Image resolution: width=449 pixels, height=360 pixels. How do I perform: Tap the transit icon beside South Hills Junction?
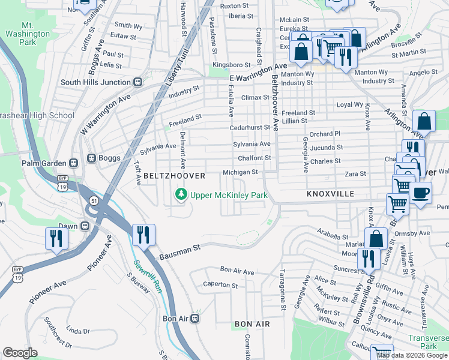coord(137,82)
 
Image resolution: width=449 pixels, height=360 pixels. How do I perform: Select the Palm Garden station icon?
coord(73,162)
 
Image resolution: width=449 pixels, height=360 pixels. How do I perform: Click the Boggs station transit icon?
coord(92,158)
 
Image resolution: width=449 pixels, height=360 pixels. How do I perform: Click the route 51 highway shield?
coord(94,200)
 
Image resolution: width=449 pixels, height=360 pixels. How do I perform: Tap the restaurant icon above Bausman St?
coord(143,235)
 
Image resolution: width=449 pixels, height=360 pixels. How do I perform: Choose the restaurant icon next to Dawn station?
coord(56,238)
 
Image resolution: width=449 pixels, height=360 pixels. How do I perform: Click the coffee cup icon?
coord(421,193)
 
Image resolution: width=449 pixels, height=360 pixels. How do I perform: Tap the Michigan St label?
coord(240,172)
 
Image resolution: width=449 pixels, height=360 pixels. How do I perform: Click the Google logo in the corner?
coord(20,353)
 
